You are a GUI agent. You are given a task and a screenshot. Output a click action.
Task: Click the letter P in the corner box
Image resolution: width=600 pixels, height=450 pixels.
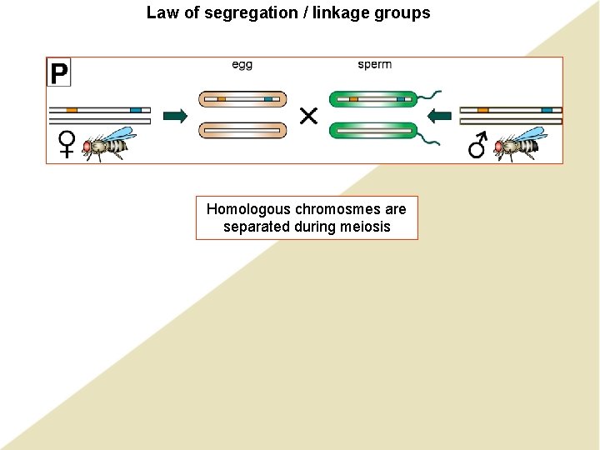click(58, 72)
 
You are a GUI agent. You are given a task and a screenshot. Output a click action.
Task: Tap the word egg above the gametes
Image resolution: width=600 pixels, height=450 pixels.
click(242, 65)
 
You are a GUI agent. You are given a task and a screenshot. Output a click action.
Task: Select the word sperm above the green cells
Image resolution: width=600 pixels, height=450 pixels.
click(374, 65)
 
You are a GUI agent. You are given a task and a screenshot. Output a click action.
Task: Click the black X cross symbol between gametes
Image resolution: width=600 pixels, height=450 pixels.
click(308, 116)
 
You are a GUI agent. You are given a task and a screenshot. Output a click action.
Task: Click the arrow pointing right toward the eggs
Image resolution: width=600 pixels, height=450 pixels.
click(175, 116)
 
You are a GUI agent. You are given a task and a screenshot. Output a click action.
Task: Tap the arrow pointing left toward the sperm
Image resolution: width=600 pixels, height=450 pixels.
click(442, 116)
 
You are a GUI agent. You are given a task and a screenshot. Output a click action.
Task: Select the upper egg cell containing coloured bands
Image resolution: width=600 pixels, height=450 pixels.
click(242, 99)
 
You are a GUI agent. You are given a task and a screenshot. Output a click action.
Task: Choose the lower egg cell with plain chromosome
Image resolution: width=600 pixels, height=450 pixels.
click(242, 130)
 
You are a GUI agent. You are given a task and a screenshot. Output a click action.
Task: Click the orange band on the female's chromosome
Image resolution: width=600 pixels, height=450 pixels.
click(72, 110)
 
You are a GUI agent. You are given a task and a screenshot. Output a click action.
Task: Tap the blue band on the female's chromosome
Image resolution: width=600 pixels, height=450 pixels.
click(135, 110)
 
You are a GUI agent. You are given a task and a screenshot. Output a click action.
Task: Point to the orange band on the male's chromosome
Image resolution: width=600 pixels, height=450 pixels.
click(482, 110)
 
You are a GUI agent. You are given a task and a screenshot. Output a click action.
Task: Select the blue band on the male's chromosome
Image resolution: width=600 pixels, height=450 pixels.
click(546, 110)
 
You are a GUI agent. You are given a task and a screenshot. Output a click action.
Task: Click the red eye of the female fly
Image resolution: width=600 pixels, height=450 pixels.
click(87, 147)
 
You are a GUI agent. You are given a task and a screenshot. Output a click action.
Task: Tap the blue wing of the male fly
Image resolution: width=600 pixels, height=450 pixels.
click(532, 134)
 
